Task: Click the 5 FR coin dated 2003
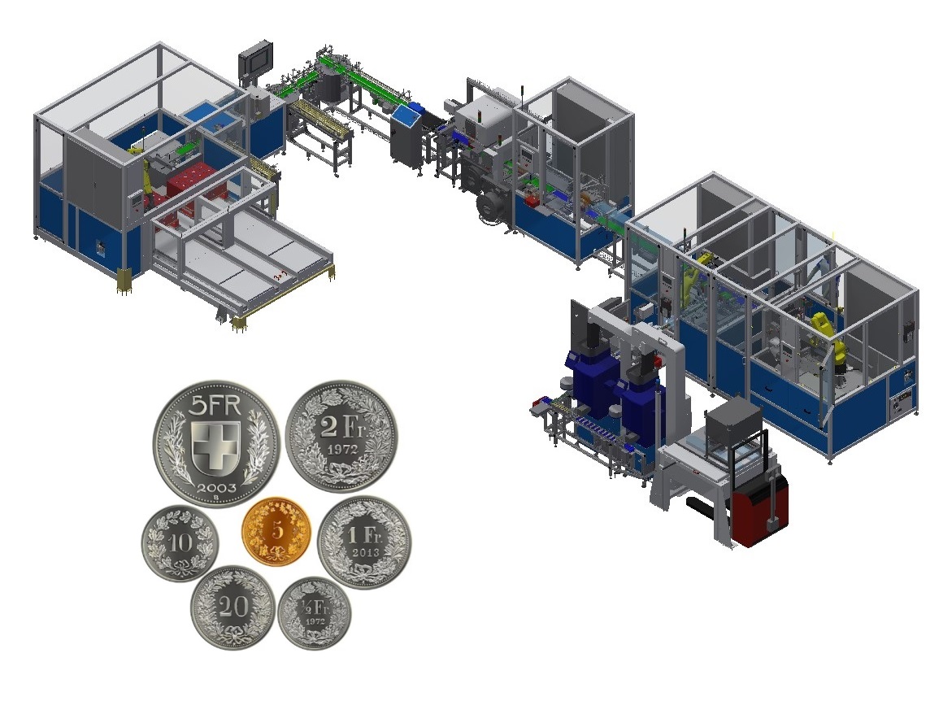pyautogui.click(x=216, y=442)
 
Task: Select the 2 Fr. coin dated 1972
pyautogui.click(x=341, y=436)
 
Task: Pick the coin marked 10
pyautogui.click(x=180, y=542)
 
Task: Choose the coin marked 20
pyautogui.click(x=233, y=607)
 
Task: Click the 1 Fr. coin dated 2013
pyautogui.click(x=364, y=542)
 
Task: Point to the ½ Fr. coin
pyautogui.click(x=315, y=613)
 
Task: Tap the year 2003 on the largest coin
pyautogui.click(x=216, y=488)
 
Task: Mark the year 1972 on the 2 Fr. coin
pyautogui.click(x=343, y=450)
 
